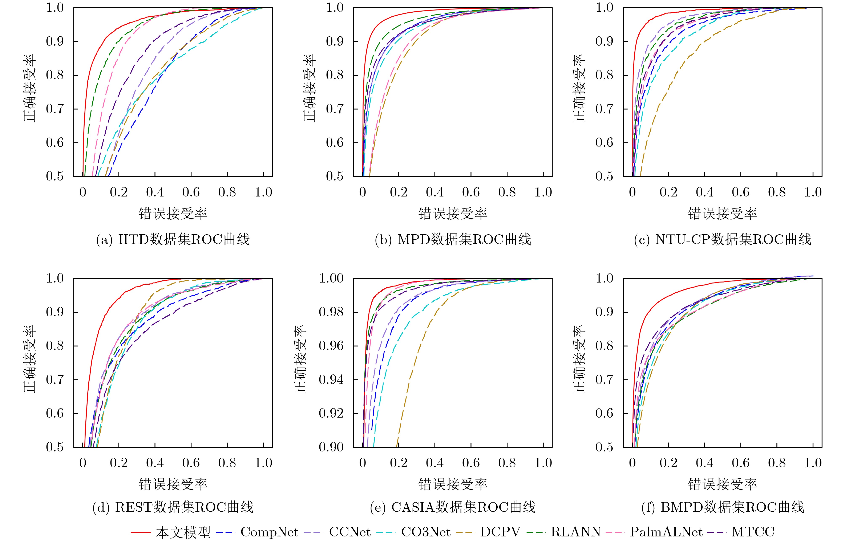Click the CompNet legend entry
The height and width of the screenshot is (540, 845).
pyautogui.click(x=269, y=532)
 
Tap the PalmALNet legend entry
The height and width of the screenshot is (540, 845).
pyautogui.click(x=666, y=532)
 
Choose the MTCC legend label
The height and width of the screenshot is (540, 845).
pyautogui.click(x=753, y=532)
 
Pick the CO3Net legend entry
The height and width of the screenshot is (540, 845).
pyautogui.click(x=426, y=532)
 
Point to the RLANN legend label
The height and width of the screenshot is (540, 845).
pyautogui.click(x=575, y=532)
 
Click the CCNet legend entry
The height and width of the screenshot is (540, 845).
pyautogui.click(x=349, y=532)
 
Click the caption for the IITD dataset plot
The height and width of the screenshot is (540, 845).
pyautogui.click(x=173, y=240)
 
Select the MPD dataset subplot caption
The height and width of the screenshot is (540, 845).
pyautogui.click(x=453, y=240)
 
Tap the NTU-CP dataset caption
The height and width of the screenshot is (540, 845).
pyautogui.click(x=723, y=240)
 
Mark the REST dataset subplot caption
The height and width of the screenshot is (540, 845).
pyautogui.click(x=173, y=507)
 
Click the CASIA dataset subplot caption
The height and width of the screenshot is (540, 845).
pyautogui.click(x=453, y=507)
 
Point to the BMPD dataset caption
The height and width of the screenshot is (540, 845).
pyautogui.click(x=723, y=507)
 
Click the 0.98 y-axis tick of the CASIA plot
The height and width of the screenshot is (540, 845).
pyautogui.click(x=331, y=312)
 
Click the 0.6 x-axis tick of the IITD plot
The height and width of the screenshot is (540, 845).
pyautogui.click(x=191, y=192)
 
